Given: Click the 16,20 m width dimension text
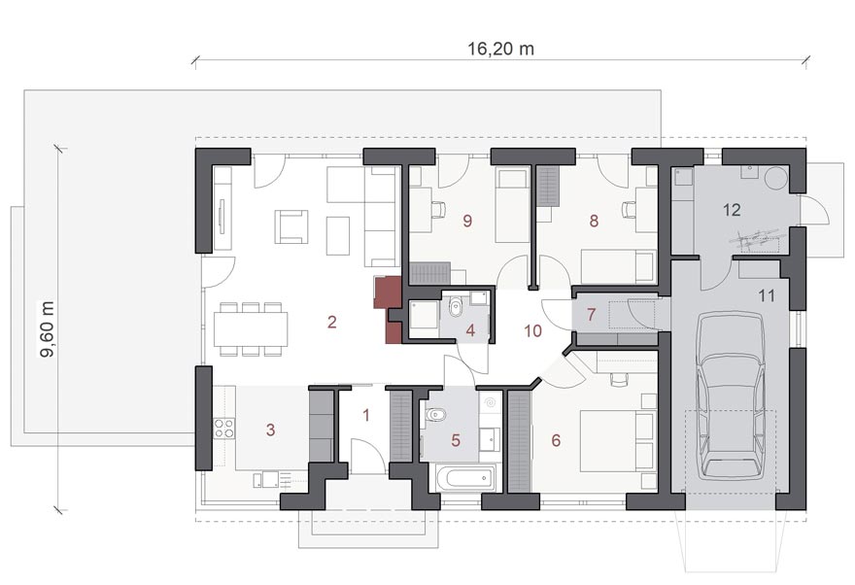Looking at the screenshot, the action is [500, 49].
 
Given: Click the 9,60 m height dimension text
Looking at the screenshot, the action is [48, 328].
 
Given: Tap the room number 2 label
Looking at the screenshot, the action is [332, 322].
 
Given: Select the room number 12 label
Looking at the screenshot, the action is [732, 209].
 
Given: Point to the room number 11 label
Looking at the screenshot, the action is [767, 296].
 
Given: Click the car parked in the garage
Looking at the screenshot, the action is [730, 396].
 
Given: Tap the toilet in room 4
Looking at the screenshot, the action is [456, 309].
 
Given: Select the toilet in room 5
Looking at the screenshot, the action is [435, 416].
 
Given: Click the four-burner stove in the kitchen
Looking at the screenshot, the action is [224, 428].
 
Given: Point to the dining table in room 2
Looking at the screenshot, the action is [251, 328].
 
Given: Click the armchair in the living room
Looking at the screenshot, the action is [291, 226].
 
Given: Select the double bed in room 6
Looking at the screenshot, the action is [617, 441].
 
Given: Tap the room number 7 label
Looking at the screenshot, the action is [591, 315].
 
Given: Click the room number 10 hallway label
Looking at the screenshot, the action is [532, 330].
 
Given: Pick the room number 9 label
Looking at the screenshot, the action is [467, 221].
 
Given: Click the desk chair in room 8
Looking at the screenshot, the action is [629, 209].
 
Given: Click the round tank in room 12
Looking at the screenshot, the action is [776, 178].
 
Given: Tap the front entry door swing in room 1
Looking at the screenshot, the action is [368, 455].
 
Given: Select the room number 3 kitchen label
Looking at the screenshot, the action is [270, 430].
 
